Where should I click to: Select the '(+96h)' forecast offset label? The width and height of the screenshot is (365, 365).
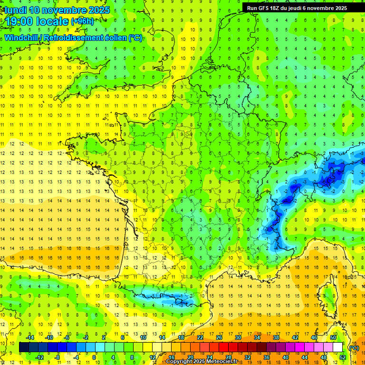82,21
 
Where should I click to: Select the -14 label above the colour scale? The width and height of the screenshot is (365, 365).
29,337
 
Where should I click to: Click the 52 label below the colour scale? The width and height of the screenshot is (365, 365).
342,357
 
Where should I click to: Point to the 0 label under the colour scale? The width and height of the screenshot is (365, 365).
94,357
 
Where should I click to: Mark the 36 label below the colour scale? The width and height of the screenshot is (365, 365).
266,357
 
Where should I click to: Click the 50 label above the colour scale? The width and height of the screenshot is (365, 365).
333,337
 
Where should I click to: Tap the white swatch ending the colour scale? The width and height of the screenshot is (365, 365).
337,347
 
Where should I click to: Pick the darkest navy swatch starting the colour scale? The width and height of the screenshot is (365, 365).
24,347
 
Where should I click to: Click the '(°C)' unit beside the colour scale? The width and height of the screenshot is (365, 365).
354,347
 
